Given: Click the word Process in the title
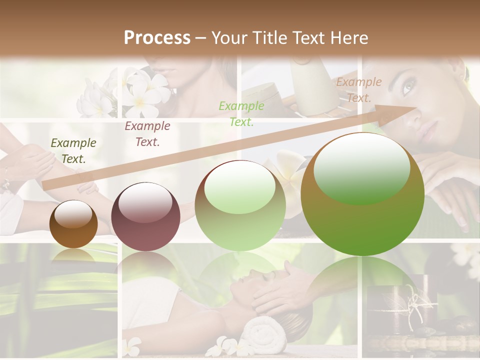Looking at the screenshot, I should [157, 38].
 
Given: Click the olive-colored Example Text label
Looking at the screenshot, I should [73, 151].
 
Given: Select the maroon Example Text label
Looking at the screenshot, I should [147, 134].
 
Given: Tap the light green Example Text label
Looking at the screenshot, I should [241, 113].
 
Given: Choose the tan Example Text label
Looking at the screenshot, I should [358, 90].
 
